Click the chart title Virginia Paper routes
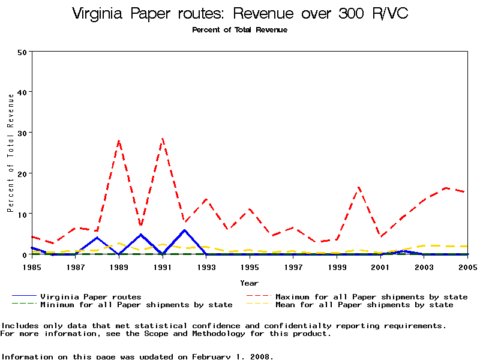click(x=240, y=14)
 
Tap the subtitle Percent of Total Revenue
click(x=240, y=30)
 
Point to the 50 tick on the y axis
click(x=23, y=52)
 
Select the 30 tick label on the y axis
click(x=23, y=133)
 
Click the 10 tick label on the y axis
click(x=23, y=214)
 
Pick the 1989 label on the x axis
click(x=119, y=265)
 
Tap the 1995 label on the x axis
click(x=250, y=265)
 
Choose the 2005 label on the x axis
click(x=467, y=265)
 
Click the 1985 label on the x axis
click(x=32, y=265)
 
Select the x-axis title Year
click(x=250, y=283)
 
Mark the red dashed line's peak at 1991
click(x=163, y=139)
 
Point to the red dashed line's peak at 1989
click(x=119, y=141)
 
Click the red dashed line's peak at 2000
click(x=358, y=187)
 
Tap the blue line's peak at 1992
click(x=184, y=230)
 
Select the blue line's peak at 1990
click(x=140, y=235)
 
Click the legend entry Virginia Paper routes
click(x=91, y=296)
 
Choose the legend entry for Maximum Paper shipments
click(x=371, y=296)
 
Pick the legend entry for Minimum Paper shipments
click(x=136, y=305)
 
